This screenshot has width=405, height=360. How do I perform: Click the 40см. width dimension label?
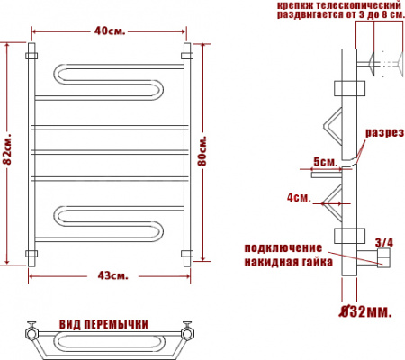pos(110,34)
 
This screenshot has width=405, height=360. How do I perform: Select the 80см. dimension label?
pos(203,152)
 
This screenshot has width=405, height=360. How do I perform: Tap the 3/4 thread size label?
pos(383,242)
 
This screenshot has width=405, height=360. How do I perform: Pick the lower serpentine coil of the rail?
pos(108,225)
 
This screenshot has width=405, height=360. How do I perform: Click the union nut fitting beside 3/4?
pos(382,260)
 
